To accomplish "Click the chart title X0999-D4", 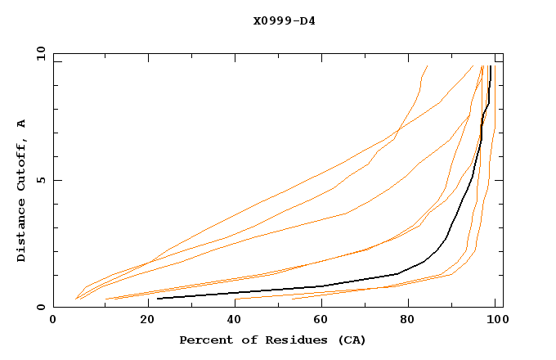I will click(x=284, y=21).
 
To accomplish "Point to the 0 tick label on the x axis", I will click(x=53, y=320).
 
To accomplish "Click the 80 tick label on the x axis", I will click(x=410, y=320).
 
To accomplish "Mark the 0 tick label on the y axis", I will click(x=40, y=308).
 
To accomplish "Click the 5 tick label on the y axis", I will click(x=40, y=180).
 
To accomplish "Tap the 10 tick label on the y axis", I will click(x=38, y=53).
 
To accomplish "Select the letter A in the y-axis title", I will click(x=22, y=124).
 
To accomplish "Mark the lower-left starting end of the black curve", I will click(x=158, y=299).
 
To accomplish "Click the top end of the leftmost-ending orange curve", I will click(x=427, y=65).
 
